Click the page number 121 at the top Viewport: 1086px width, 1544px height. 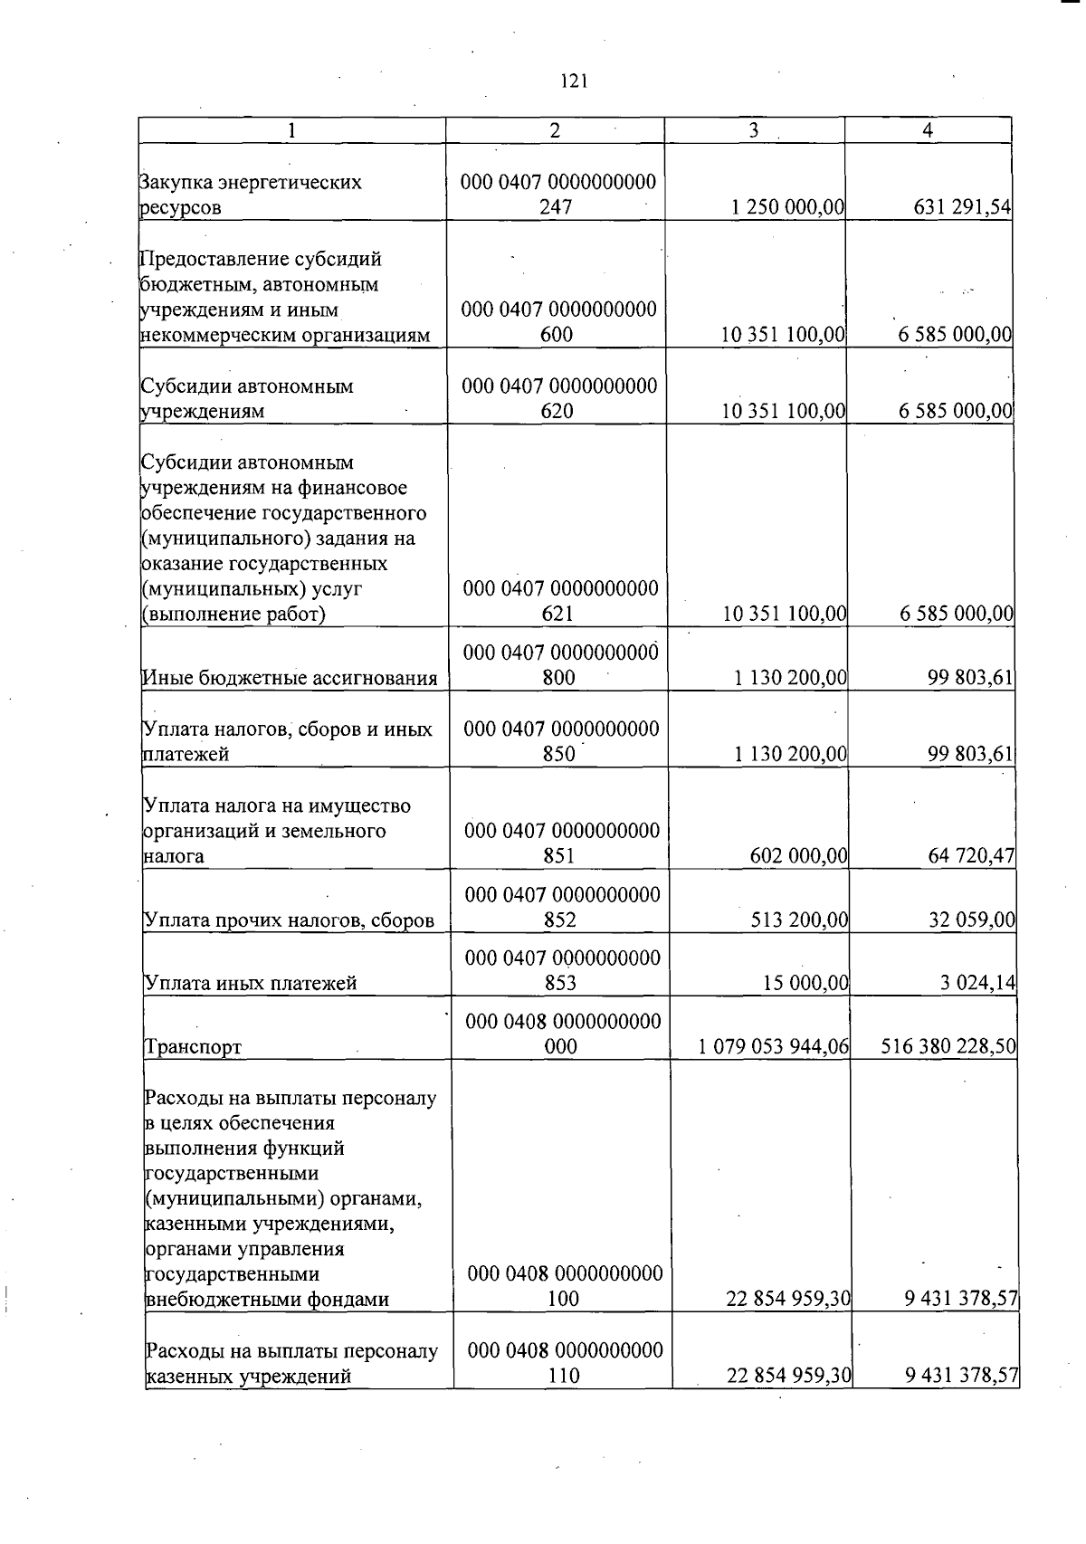[574, 81]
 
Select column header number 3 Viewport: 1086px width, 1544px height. [754, 130]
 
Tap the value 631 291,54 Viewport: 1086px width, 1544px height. [962, 207]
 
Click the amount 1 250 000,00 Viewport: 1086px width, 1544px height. [787, 207]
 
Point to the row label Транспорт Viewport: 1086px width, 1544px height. [193, 1047]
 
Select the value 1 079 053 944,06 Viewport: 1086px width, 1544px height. [774, 1047]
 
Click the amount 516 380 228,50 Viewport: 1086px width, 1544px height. [948, 1047]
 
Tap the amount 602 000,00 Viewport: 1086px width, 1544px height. [799, 855]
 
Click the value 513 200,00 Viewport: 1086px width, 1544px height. [799, 920]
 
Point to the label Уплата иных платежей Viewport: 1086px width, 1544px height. [251, 983]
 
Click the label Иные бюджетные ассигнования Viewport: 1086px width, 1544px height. [290, 678]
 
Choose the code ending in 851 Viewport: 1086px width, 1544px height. [561, 843]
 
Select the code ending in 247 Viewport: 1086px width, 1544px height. [557, 195]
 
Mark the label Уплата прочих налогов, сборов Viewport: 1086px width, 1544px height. [289, 921]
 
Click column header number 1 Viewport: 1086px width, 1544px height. [291, 130]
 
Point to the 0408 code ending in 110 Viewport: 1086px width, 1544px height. [565, 1364]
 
